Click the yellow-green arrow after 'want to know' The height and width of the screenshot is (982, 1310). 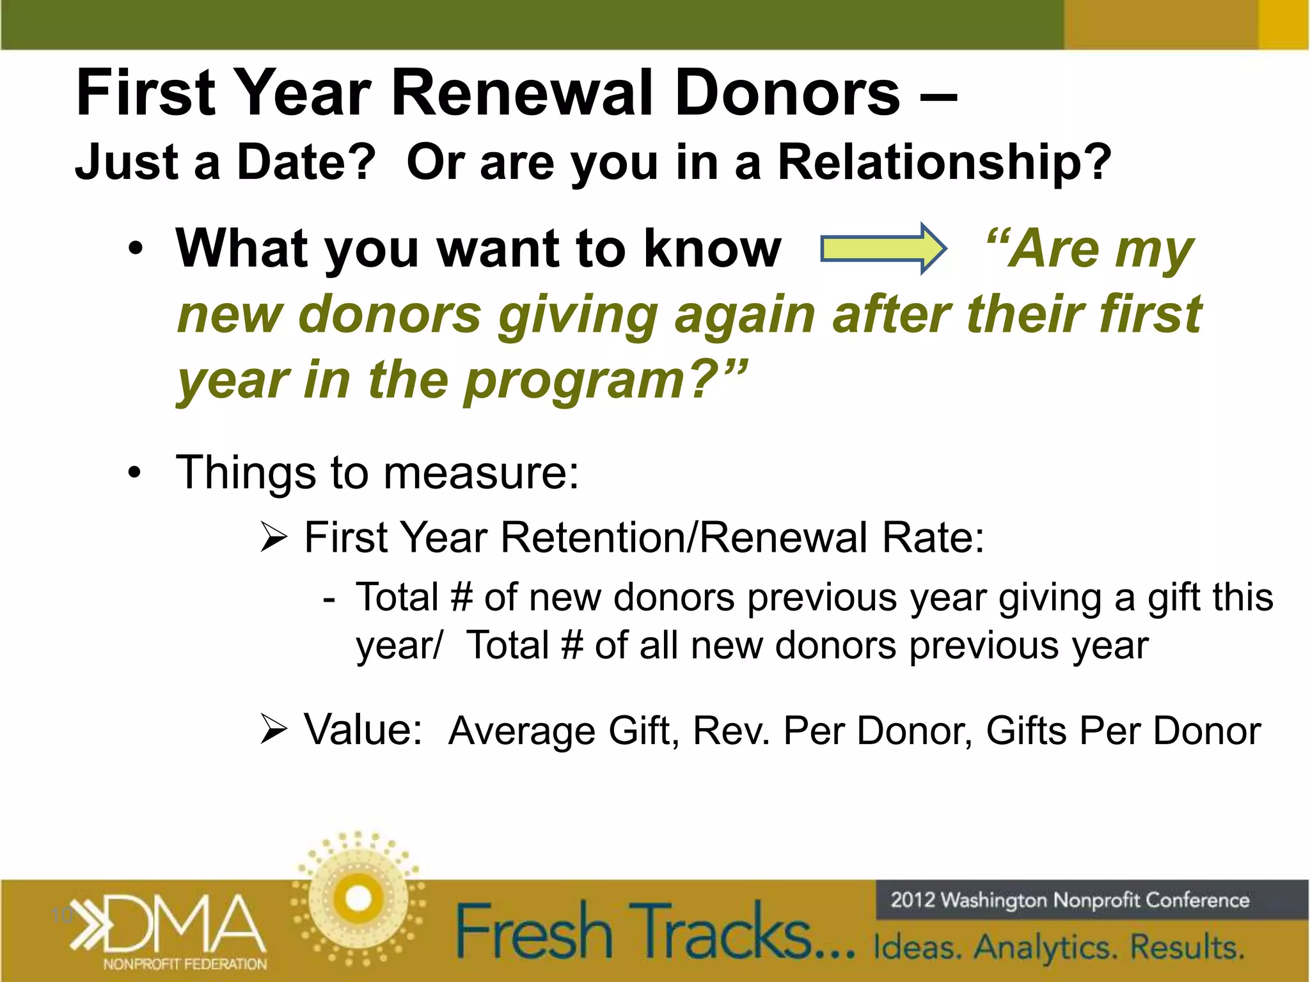pos(883,249)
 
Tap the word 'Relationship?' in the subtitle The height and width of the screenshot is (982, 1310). pos(944,162)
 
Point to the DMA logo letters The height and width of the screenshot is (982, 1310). pos(185,924)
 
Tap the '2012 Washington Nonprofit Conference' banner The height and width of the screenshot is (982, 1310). pos(1069,900)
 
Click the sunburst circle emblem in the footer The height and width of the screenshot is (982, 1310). pos(358,898)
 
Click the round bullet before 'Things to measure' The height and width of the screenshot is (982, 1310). pos(134,474)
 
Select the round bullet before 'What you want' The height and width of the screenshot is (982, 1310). pos(134,249)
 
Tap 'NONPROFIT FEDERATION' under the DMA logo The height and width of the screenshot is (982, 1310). pos(185,964)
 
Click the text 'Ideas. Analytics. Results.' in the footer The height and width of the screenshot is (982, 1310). pos(1059,947)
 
